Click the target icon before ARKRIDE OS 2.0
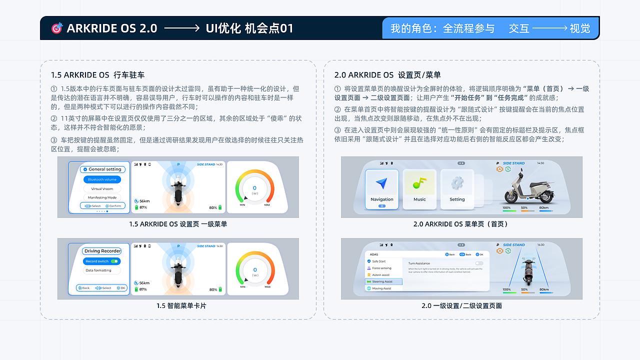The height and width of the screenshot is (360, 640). [x=57, y=28]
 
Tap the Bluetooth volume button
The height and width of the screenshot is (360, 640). [x=102, y=179]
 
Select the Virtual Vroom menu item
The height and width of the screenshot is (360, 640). [x=102, y=189]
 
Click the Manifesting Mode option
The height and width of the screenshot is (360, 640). [x=102, y=197]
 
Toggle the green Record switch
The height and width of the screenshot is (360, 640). [x=114, y=261]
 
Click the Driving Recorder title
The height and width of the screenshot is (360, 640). [x=102, y=251]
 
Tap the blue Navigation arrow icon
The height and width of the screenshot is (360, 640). [x=382, y=184]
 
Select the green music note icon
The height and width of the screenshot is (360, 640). [x=419, y=183]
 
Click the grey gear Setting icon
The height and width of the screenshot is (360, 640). [x=457, y=183]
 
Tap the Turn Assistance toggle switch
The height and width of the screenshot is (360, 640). [x=479, y=263]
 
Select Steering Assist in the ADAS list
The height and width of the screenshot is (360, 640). [x=383, y=281]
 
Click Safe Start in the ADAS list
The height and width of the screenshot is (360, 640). [x=379, y=261]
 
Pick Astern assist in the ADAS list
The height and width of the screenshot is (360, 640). [x=380, y=275]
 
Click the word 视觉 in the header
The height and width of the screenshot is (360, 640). [x=580, y=28]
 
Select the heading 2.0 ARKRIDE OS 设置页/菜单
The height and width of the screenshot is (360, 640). [x=387, y=75]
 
